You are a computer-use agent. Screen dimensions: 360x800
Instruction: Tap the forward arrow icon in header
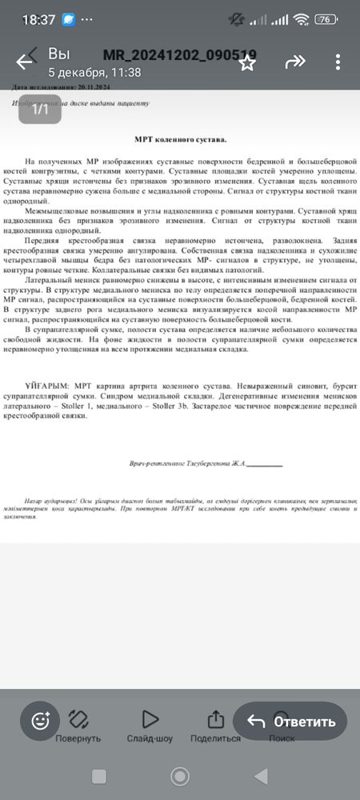295,61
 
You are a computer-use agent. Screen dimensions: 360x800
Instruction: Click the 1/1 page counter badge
41,110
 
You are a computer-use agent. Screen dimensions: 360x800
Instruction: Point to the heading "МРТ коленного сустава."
180,139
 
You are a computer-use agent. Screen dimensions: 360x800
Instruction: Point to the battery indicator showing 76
325,18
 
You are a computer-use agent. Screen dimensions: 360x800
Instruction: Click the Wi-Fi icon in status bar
301,18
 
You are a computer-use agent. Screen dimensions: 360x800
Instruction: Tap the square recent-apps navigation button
99,776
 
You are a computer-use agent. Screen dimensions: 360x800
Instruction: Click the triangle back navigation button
260,776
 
